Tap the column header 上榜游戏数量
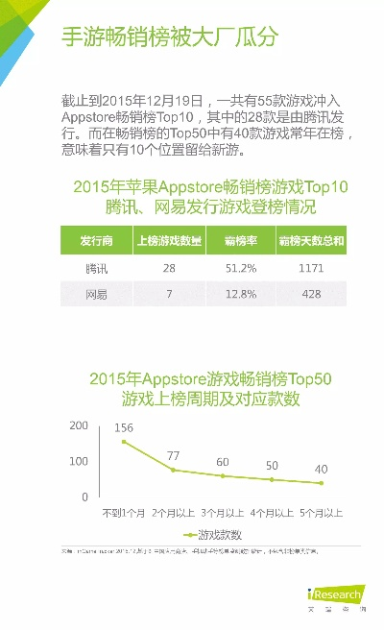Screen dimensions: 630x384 pos(169,240)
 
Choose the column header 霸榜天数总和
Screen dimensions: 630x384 pos(311,240)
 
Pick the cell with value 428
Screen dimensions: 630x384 pos(312,294)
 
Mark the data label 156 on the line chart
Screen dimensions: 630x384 pos(124,427)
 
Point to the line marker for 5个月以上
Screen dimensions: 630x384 pos(322,483)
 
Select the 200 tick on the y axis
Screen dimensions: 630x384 pos(78,425)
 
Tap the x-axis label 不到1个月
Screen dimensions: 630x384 pos(123,513)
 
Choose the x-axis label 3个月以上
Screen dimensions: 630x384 pos(223,513)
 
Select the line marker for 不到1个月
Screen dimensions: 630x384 pos(124,442)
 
